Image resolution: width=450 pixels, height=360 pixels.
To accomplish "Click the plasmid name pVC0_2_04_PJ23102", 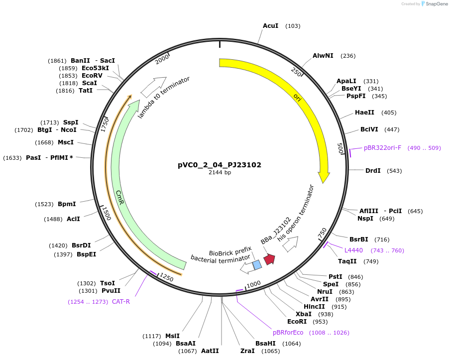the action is (220, 165).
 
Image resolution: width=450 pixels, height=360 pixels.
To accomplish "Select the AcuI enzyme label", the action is (270, 25).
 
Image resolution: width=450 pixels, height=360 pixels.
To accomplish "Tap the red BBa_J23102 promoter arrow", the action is (269, 259).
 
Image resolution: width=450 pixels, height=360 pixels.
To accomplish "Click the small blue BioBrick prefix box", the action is (257, 265).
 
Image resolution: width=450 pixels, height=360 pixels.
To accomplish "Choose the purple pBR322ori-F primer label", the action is (382, 148).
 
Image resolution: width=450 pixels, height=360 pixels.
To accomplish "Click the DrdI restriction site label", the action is (373, 171).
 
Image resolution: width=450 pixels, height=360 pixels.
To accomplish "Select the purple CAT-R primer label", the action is (121, 301).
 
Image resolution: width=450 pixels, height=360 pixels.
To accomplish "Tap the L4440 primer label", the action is (353, 250).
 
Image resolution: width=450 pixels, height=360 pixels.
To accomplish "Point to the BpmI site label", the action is (67, 204).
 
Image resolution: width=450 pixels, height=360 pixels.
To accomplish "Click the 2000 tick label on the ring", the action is (163, 59).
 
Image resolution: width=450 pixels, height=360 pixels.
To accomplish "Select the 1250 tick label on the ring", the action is (166, 277).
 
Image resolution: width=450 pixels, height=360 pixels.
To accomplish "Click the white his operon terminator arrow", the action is (290, 243).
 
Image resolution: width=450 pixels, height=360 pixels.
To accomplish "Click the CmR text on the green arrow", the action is (119, 196).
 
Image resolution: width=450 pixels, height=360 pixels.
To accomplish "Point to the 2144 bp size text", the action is (220, 173).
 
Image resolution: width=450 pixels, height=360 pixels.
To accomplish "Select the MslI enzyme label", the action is (172, 336).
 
